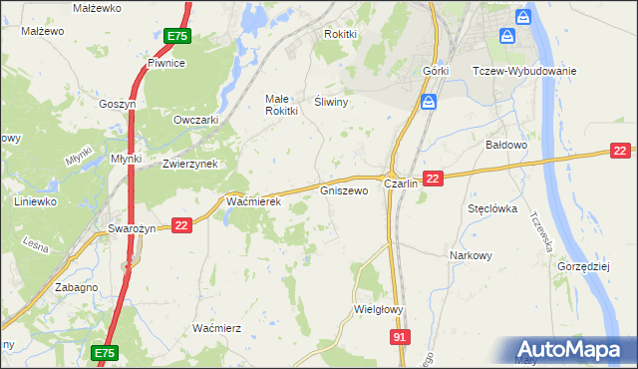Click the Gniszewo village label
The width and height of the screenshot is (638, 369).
point(344,189)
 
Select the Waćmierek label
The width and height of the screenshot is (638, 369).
point(254,201)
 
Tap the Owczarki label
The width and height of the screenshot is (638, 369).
point(195,121)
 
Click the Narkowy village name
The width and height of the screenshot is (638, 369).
point(472,254)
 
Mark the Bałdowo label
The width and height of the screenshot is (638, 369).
point(505,145)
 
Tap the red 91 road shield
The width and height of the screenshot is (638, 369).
point(399,339)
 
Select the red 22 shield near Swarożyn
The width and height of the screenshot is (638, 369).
point(180,226)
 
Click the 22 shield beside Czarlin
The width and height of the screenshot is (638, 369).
point(432,179)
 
